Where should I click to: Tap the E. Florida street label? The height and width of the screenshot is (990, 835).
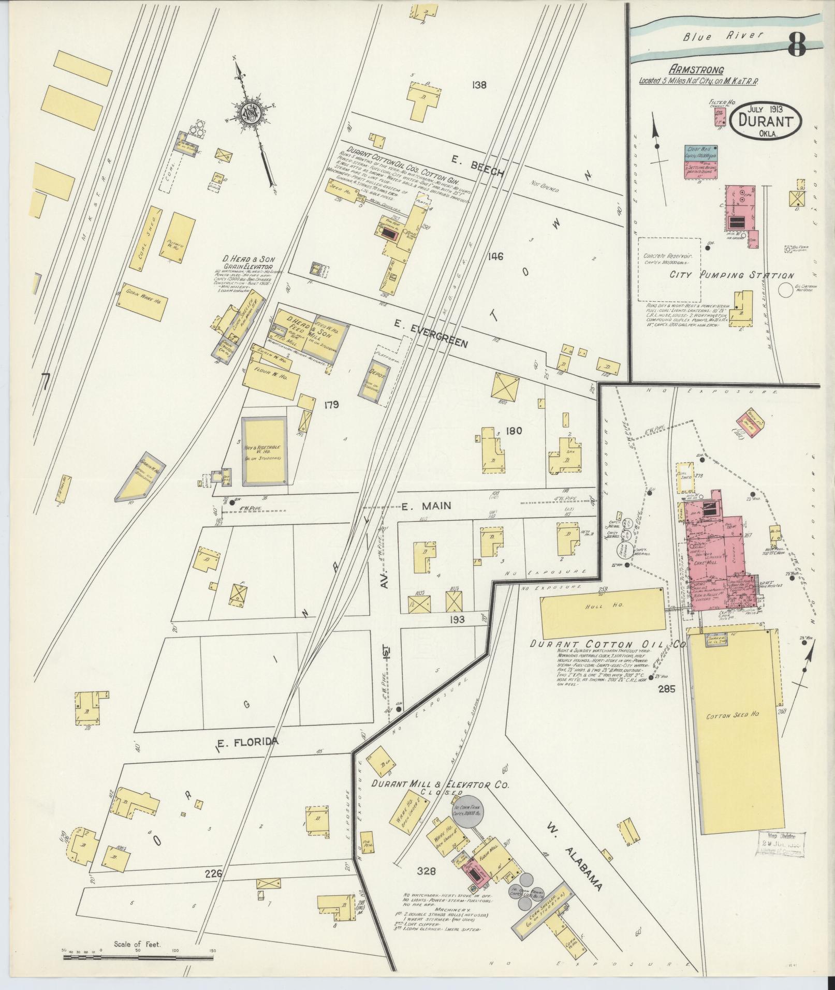[x=247, y=743]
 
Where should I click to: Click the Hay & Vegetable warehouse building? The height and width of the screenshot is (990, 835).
[x=263, y=450]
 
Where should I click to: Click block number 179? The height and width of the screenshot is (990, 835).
[x=331, y=405]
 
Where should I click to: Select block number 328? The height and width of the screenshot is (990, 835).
[x=427, y=871]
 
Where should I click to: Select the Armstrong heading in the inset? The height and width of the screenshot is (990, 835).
[x=696, y=70]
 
